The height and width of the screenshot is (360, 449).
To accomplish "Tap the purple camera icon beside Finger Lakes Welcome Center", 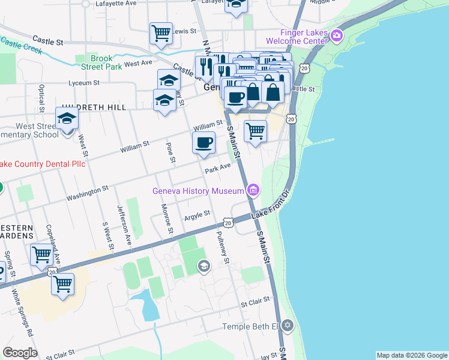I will tap(336, 36).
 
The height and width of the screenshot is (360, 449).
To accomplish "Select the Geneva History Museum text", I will tap(198, 191).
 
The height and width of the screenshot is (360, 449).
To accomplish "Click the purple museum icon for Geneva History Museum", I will tap(253, 191).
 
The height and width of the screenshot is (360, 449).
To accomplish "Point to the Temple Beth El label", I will tap(251, 326).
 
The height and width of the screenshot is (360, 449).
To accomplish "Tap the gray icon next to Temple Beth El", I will tap(288, 326).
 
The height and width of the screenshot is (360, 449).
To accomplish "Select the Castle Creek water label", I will tap(22, 46).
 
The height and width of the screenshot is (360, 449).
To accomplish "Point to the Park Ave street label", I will tap(217, 170).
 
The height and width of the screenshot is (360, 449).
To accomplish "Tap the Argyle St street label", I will tap(196, 214).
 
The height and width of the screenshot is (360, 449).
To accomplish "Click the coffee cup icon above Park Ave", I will tap(203, 142).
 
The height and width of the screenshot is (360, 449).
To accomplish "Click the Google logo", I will tap(20, 353).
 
